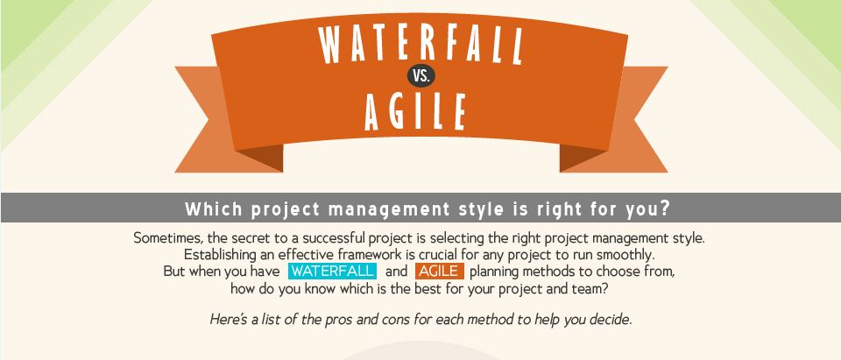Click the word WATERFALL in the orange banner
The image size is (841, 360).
point(420,44)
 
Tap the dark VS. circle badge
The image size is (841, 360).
point(421,75)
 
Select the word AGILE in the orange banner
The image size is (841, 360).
point(414,111)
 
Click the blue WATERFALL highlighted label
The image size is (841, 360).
point(332,271)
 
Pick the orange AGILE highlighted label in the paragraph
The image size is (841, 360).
point(439,271)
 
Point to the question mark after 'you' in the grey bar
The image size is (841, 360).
point(666,208)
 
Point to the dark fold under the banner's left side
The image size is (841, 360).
point(265,157)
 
